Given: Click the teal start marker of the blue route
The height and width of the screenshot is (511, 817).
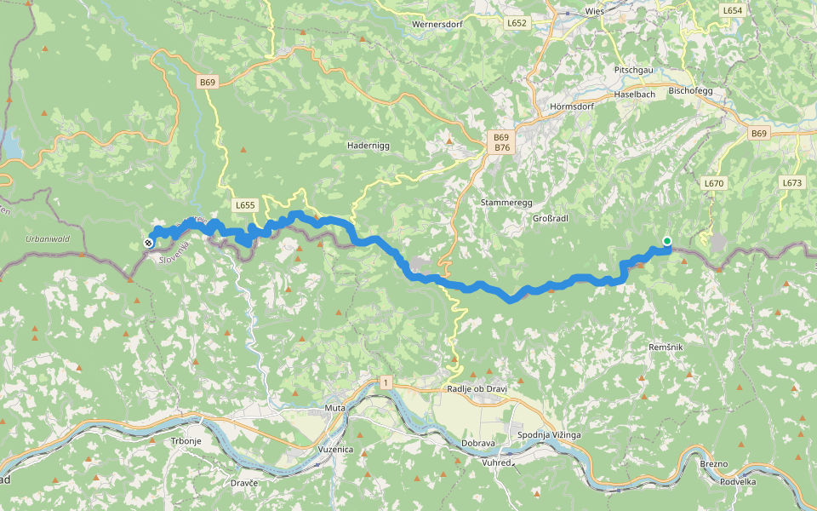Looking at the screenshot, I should click(667, 241).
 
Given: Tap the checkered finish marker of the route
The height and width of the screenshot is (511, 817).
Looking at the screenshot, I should click(149, 243).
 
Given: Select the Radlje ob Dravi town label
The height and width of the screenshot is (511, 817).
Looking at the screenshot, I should click(477, 389).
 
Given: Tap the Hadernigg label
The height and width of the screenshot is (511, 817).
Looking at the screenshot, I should click(368, 146).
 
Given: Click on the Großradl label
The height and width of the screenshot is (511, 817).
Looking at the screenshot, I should click(550, 218).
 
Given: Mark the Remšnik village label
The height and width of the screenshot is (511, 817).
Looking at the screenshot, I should click(666, 347).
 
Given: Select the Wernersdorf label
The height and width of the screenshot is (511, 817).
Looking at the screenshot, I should click(437, 25).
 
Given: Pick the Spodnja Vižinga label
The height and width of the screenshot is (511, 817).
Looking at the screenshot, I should click(549, 435).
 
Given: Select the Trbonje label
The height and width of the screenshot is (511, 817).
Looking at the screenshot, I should click(186, 440).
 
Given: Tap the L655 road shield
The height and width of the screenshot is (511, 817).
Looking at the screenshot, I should click(245, 205).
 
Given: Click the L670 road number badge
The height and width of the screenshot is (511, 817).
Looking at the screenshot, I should click(713, 183).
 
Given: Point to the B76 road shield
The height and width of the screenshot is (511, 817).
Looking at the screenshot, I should click(501, 147).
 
